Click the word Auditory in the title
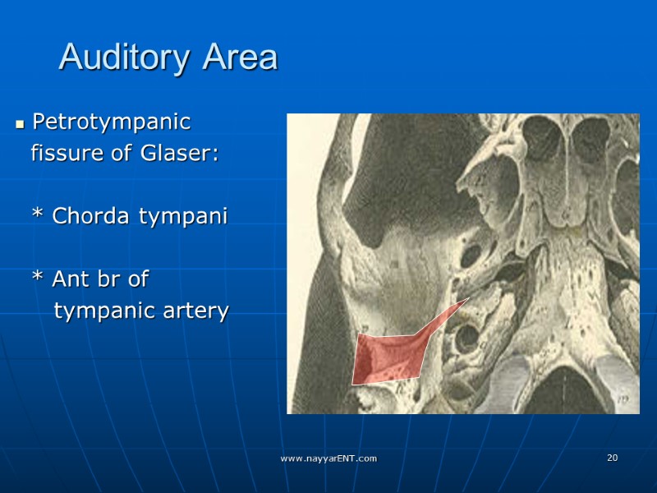126,58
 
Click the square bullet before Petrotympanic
20,125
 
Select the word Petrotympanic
111,122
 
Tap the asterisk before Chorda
37,217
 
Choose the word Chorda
90,216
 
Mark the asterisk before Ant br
37,280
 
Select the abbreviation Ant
70,279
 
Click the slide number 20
612,458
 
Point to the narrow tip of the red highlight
466,301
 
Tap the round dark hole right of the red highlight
467,337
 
